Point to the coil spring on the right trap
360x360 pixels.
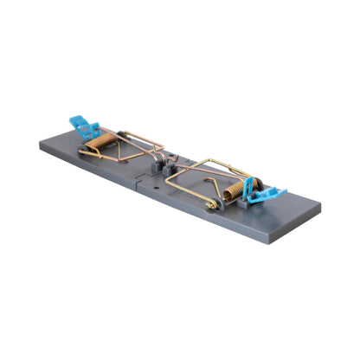[233, 192]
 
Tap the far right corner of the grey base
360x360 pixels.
[320, 207]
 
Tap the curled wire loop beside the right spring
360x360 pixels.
[210, 203]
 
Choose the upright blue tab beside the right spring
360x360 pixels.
[248, 185]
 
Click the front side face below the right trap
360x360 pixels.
[234, 227]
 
